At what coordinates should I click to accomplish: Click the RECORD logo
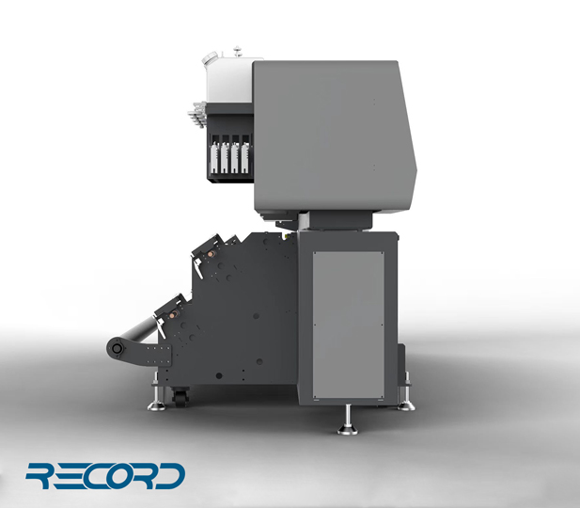click(x=105, y=476)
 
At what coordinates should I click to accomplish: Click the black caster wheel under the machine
click(x=180, y=397)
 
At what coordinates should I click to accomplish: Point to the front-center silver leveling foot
click(x=348, y=421)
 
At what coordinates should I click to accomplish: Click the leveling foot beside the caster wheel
click(x=156, y=398)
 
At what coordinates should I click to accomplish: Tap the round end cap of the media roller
click(x=117, y=348)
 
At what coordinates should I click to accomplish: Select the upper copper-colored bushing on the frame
click(x=212, y=254)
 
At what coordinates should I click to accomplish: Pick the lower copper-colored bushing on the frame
click(x=173, y=315)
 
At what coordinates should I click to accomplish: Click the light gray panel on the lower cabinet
click(x=349, y=325)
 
